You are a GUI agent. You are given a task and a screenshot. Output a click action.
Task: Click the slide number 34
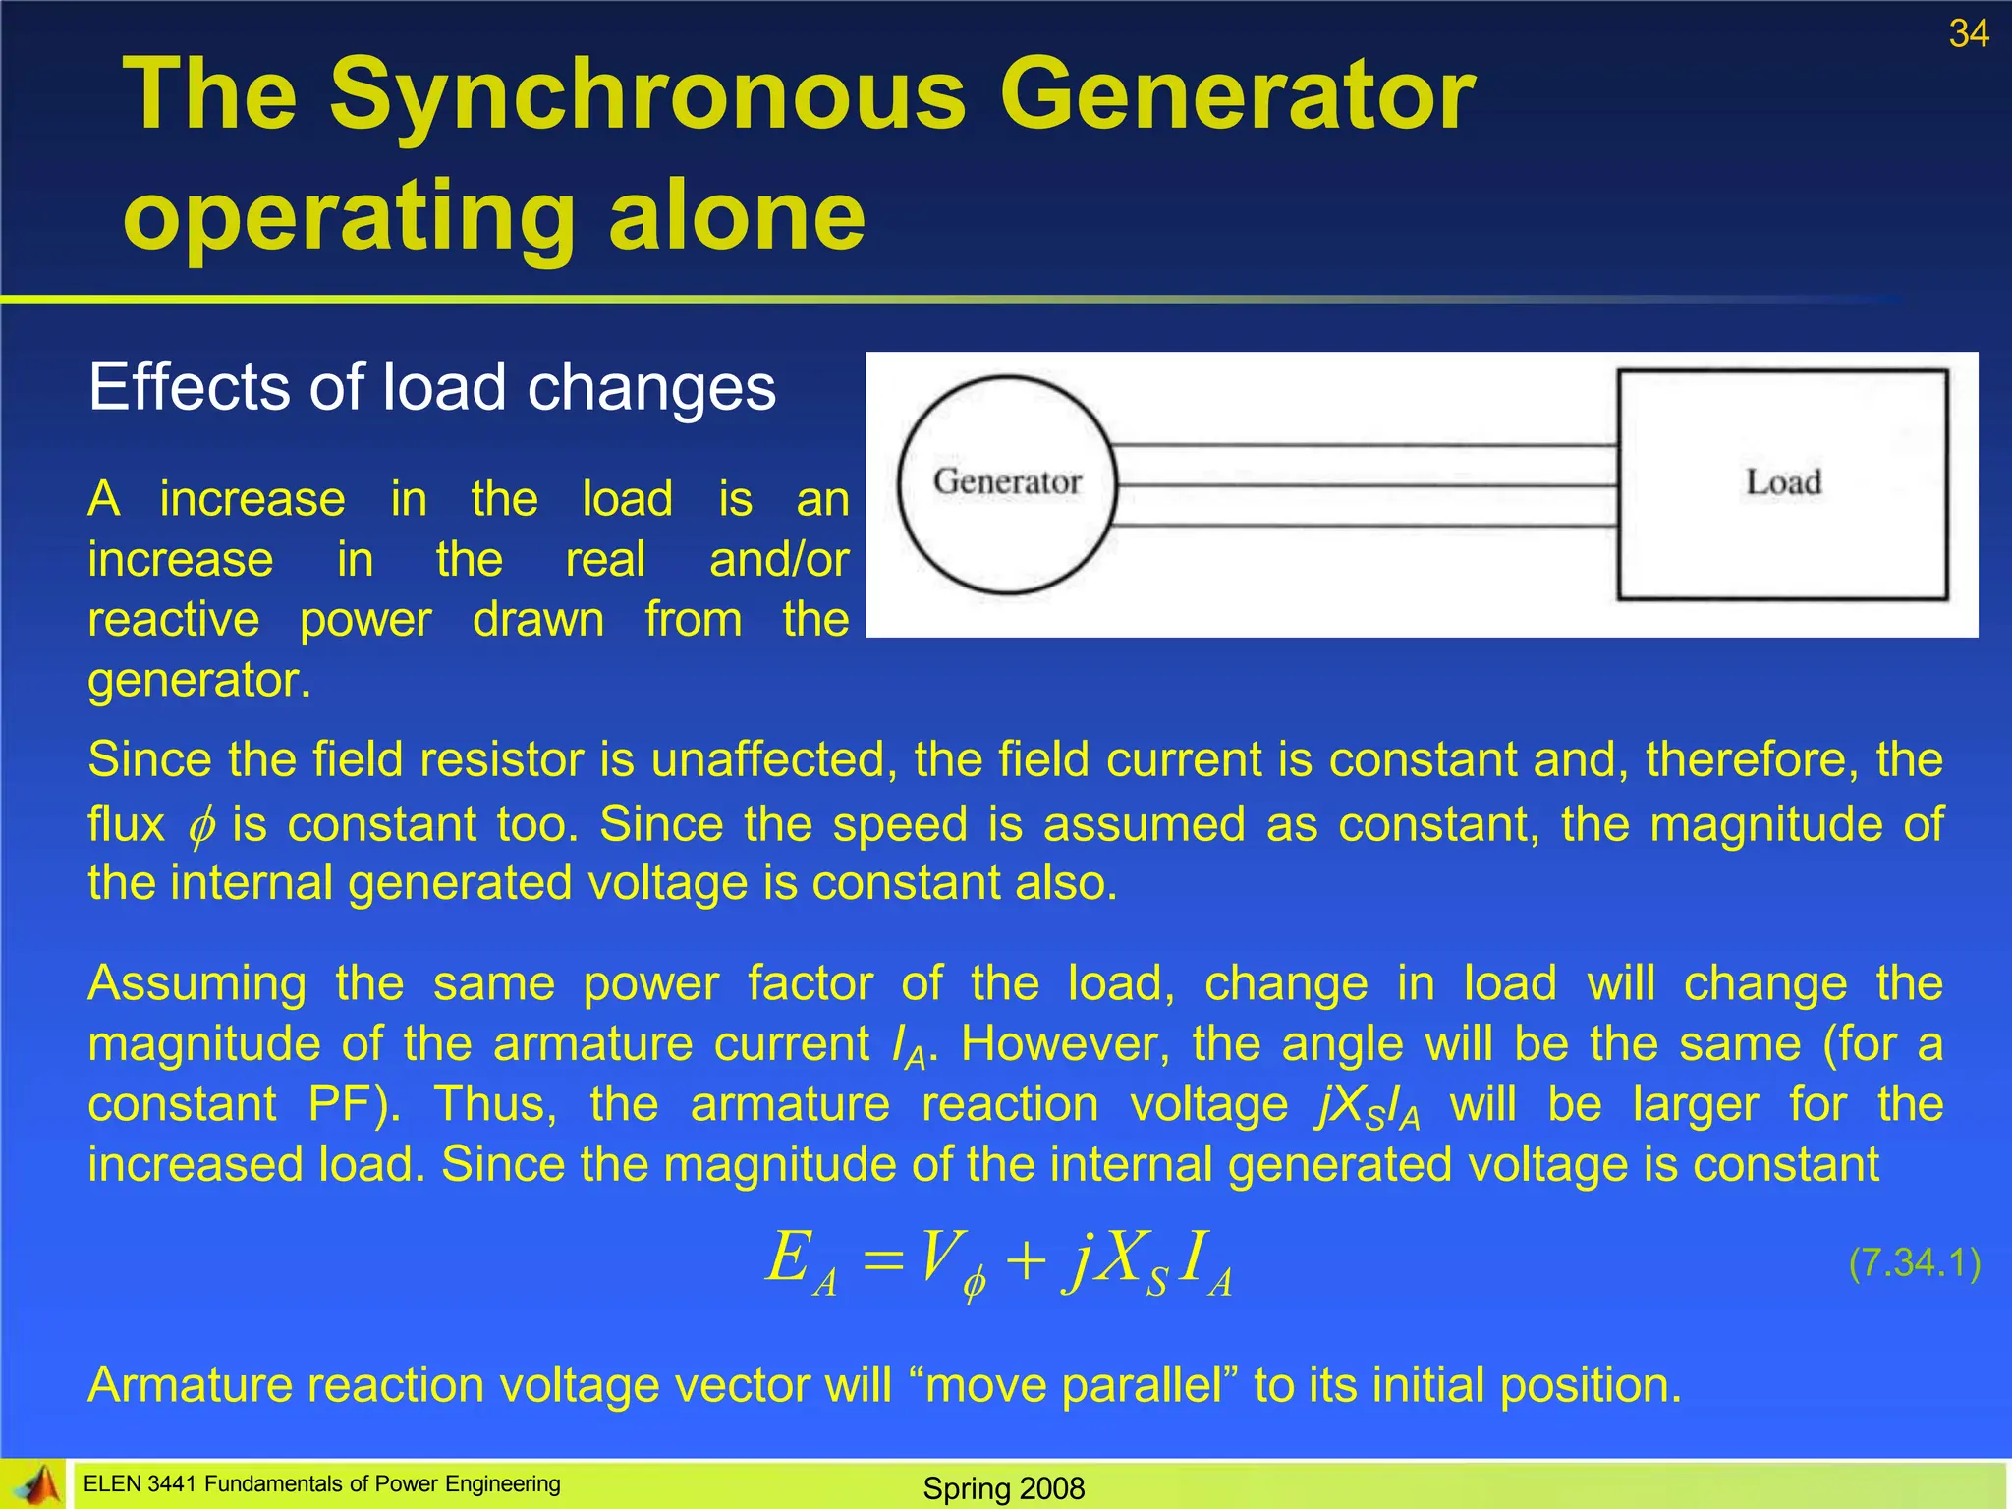(x=1968, y=34)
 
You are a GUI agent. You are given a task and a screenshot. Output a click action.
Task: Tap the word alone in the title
(x=737, y=216)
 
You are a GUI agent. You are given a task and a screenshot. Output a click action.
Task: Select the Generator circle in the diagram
(x=1007, y=484)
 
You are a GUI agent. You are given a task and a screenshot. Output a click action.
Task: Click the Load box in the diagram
(x=1782, y=483)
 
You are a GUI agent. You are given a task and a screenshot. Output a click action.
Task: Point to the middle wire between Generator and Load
(x=1366, y=485)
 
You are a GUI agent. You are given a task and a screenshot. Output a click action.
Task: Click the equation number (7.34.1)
(x=1914, y=1262)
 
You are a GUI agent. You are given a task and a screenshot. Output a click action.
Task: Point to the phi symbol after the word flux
(x=200, y=826)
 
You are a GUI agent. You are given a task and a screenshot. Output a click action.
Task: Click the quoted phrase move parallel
(x=1080, y=1385)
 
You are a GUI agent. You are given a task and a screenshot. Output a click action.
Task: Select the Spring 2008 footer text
(x=1004, y=1488)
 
